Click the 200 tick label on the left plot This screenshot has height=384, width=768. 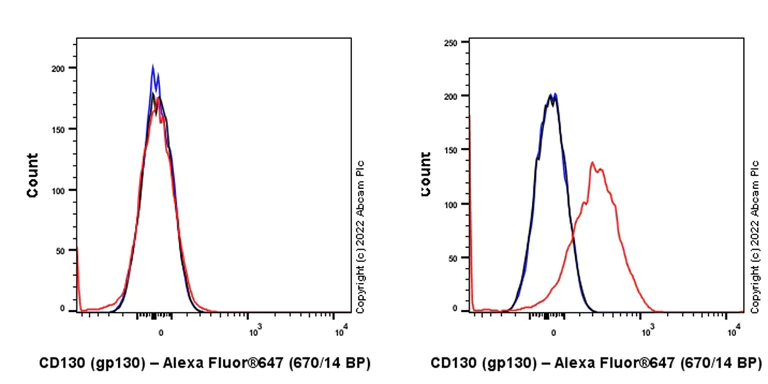64,68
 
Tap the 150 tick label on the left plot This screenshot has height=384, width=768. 64,129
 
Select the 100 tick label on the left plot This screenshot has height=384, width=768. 64,189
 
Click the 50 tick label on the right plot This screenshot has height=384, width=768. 452,257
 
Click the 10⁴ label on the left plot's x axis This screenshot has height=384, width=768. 341,328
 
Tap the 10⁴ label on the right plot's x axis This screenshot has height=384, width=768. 734,328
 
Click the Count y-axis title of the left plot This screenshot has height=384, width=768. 32,174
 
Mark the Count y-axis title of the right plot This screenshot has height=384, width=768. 426,174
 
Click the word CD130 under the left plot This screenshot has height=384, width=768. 62,363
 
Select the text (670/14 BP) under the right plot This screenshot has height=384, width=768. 715,363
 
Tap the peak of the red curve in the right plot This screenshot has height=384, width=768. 592,163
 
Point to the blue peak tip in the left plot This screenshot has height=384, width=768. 153,67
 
